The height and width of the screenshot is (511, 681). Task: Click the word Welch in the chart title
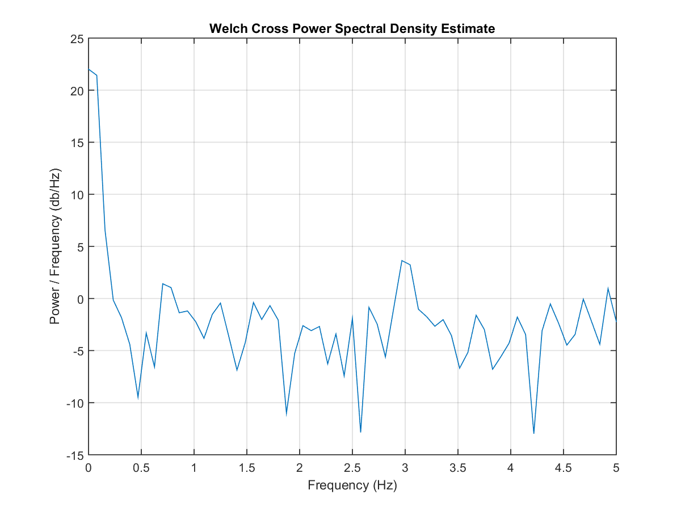[x=229, y=28]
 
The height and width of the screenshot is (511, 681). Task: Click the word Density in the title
[x=414, y=29]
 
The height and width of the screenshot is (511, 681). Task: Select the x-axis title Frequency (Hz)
[x=352, y=485]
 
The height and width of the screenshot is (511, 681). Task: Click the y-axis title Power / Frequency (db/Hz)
[x=55, y=246]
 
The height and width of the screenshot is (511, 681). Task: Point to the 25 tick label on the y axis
[x=77, y=39]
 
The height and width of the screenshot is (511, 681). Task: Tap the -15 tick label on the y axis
[x=75, y=455]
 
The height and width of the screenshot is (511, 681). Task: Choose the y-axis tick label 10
[x=77, y=195]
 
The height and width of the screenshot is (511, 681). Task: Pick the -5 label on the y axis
[x=78, y=351]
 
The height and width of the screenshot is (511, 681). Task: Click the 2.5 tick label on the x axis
[x=352, y=468]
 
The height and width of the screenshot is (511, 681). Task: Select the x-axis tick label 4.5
[x=563, y=468]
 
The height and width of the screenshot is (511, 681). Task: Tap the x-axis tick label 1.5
[x=247, y=468]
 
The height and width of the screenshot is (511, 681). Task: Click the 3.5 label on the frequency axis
[x=457, y=468]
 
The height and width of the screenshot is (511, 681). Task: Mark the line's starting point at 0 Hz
[x=89, y=69]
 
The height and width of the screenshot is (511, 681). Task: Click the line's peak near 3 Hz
[x=402, y=261]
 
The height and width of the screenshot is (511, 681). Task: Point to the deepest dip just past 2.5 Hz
[x=360, y=432]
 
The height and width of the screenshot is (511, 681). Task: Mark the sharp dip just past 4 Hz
[x=533, y=433]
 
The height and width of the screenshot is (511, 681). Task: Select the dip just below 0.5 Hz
[x=138, y=398]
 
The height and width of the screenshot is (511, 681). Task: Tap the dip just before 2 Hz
[x=287, y=415]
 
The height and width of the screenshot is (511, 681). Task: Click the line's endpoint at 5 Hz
[x=616, y=321]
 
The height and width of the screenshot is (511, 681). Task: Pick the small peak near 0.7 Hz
[x=162, y=283]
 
